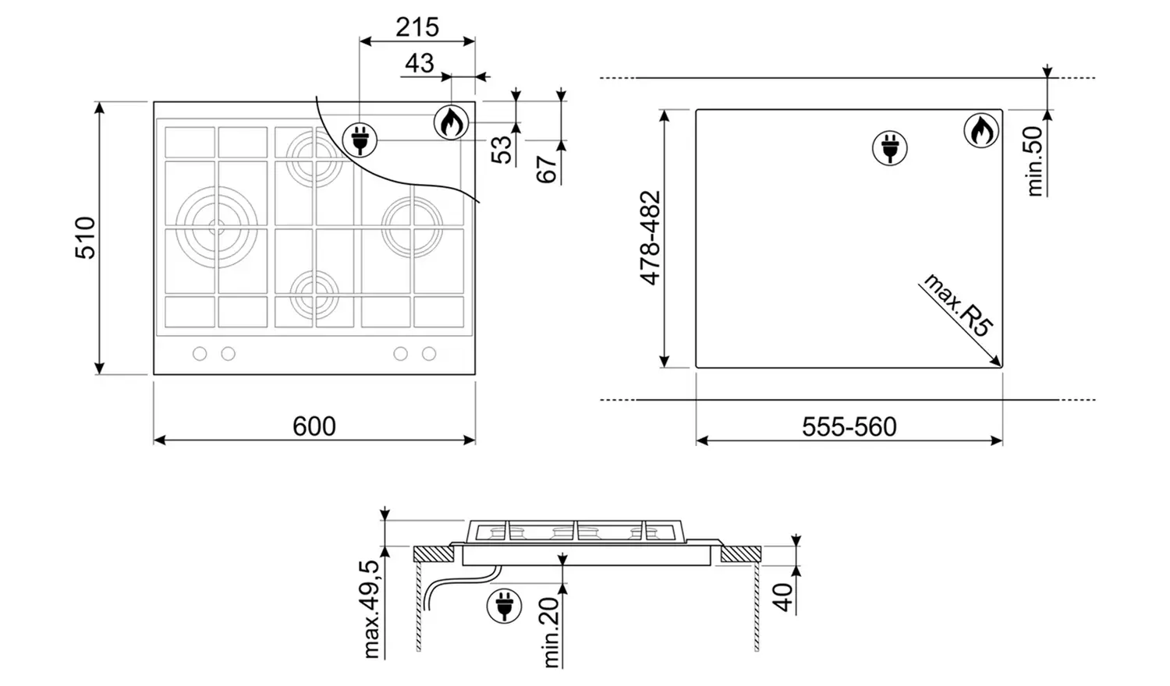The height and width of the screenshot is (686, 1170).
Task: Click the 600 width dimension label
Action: tap(314, 426)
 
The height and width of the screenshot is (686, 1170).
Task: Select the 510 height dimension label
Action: tap(85, 238)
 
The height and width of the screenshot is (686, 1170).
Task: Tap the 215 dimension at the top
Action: tap(417, 27)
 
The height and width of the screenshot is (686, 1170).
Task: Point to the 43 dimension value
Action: tap(420, 63)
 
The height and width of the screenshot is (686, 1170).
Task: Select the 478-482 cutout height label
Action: tap(651, 238)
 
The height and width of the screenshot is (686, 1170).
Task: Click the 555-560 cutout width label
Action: tap(849, 427)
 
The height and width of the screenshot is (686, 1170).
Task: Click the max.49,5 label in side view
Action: tap(372, 609)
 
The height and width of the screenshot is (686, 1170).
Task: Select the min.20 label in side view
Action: tap(551, 631)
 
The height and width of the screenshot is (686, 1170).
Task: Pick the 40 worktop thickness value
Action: tap(783, 596)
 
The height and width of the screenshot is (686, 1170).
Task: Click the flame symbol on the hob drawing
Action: tap(451, 122)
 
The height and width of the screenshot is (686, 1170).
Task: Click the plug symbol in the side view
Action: tap(504, 606)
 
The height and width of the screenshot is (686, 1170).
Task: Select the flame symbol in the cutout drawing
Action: tap(981, 131)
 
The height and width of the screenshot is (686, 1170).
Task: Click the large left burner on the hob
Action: tap(216, 227)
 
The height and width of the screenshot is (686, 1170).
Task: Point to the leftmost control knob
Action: tap(200, 354)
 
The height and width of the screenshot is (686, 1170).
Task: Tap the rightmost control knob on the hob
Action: tap(429, 354)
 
